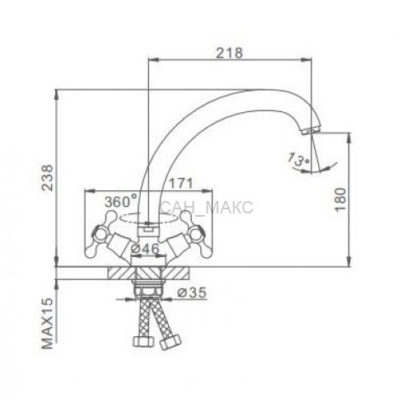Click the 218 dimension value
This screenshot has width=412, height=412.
229,53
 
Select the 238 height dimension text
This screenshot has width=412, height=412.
47,178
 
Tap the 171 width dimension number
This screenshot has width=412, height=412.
180,184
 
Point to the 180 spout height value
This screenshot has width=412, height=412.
340,199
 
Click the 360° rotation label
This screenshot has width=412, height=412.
120,201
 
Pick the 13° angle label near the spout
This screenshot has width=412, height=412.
298,159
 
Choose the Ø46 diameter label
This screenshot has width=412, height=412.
145,249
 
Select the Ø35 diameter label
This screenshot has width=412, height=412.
191,293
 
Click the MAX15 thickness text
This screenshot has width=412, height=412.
47,324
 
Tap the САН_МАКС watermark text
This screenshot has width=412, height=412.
207,208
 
